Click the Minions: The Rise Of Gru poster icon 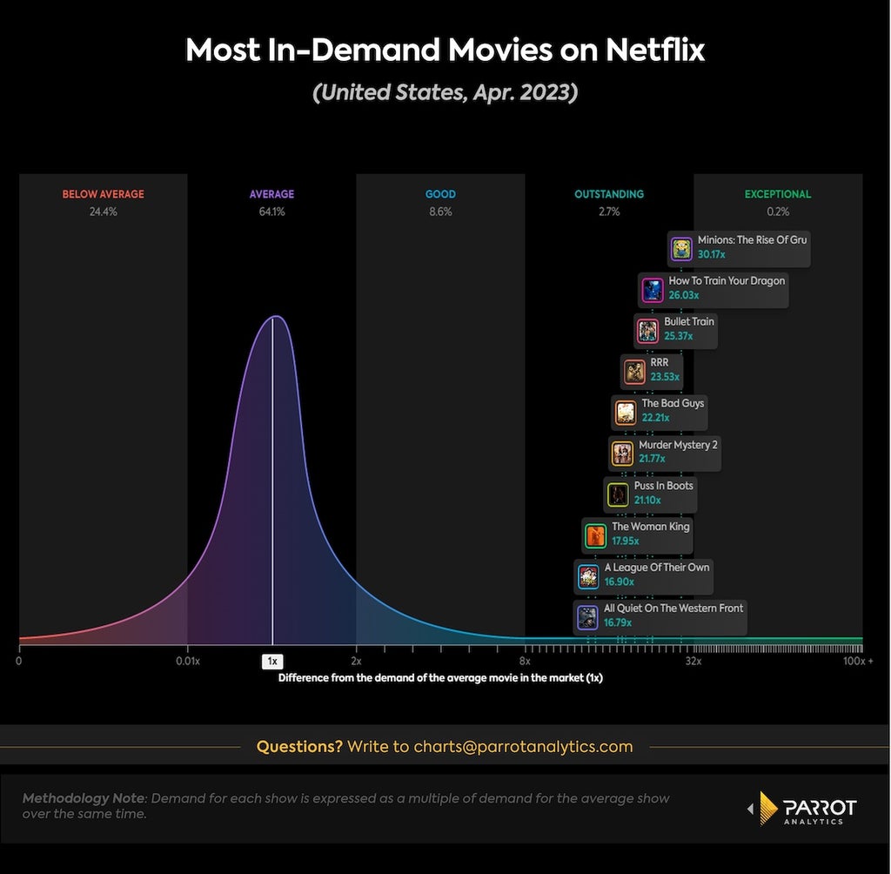681,248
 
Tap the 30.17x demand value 712,254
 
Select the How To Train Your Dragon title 727,280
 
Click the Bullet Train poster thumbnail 647,331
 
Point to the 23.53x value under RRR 665,376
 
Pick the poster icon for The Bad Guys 626,413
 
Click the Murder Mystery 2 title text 678,445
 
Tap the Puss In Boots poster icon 618,494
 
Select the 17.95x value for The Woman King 626,541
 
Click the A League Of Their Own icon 588,576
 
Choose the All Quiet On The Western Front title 673,608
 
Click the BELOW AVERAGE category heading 104,194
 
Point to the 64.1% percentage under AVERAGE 271,212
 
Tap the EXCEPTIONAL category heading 778,194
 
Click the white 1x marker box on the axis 272,662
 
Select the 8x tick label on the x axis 525,661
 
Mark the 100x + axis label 858,661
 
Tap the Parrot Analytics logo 801,808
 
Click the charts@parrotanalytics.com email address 523,746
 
